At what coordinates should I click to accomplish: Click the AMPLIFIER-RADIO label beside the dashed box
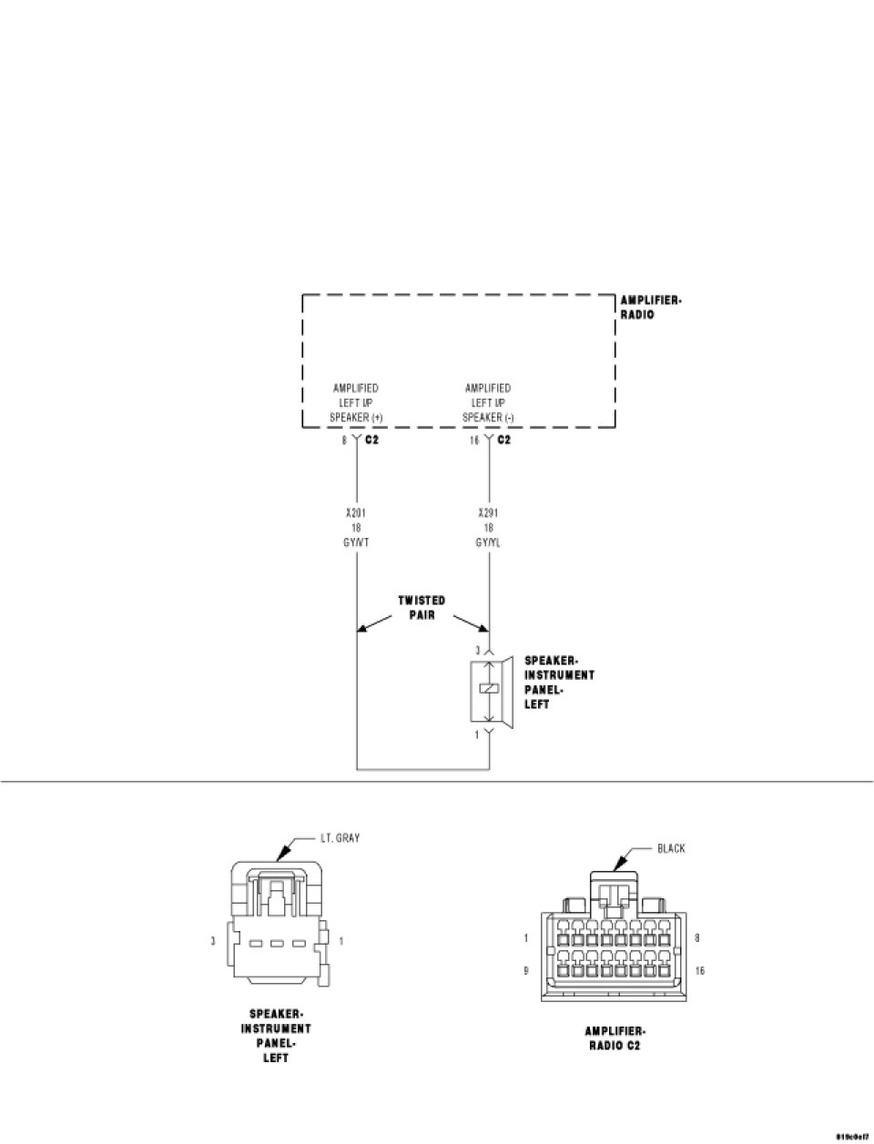click(x=651, y=308)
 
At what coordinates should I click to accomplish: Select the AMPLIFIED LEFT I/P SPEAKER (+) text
click(x=355, y=403)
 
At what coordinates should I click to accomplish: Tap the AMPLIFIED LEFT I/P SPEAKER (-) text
click(x=488, y=403)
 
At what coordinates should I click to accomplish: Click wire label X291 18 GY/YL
click(x=488, y=528)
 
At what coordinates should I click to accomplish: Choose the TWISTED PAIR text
click(x=422, y=608)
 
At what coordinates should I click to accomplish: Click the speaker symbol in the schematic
click(x=492, y=689)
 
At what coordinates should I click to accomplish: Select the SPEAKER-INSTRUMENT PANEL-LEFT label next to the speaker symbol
click(x=559, y=683)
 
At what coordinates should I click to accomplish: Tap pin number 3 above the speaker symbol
click(x=477, y=650)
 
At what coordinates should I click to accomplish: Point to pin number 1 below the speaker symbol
click(x=477, y=734)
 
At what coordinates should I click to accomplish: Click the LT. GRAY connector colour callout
click(x=340, y=837)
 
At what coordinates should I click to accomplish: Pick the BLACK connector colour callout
click(x=671, y=848)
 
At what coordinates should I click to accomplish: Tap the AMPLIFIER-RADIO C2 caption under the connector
click(x=615, y=1038)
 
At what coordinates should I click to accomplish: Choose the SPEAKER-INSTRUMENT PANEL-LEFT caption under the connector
click(x=276, y=1036)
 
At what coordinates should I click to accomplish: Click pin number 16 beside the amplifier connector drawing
click(x=699, y=971)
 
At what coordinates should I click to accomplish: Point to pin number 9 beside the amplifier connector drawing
click(x=526, y=971)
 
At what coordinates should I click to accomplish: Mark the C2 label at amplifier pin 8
click(x=371, y=440)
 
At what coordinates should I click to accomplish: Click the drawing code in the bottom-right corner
click(x=853, y=1137)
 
